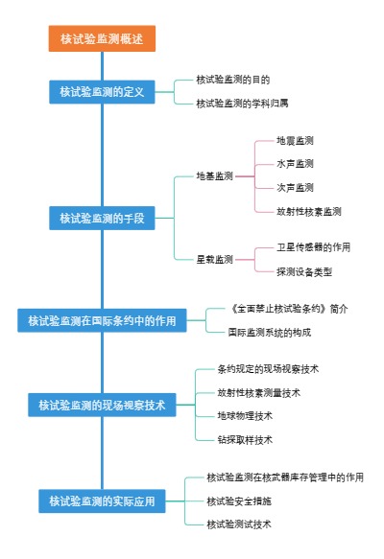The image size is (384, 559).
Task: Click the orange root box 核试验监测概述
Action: (x=101, y=39)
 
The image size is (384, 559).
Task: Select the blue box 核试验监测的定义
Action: (x=101, y=92)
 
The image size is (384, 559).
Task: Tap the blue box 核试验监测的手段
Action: (x=101, y=219)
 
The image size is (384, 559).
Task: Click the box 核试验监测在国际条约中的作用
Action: (x=101, y=321)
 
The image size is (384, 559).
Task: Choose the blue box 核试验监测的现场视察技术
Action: (x=101, y=406)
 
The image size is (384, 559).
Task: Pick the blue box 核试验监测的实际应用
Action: (x=101, y=501)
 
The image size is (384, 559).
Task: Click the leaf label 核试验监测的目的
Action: (x=234, y=80)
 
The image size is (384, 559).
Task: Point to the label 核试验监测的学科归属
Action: (x=242, y=103)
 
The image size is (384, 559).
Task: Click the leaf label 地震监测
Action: (x=295, y=141)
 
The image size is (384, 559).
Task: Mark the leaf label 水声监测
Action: (x=295, y=164)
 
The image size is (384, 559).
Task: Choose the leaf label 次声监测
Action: (x=295, y=187)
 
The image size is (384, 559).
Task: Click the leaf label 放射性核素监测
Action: (x=308, y=211)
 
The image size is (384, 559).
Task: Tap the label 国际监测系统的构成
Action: (x=269, y=332)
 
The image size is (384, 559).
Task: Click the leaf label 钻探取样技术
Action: (x=246, y=440)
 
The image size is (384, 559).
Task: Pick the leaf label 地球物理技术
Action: (x=246, y=416)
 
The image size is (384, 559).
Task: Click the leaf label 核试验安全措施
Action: (x=240, y=501)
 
